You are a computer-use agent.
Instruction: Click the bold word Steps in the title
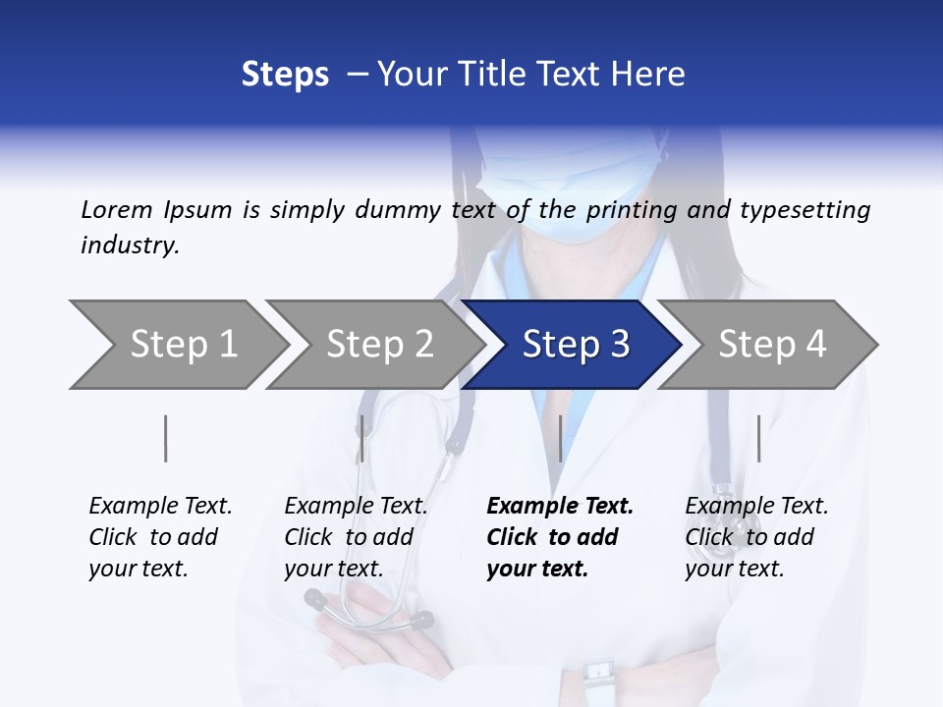coord(285,74)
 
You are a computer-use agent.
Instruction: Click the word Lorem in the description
coord(117,210)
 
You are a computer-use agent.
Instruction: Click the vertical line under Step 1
coord(166,438)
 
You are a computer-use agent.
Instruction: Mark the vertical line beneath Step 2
coord(362,438)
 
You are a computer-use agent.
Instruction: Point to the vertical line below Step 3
coord(560,438)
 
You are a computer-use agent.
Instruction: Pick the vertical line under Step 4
coord(758,438)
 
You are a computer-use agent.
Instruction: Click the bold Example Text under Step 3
coord(560,507)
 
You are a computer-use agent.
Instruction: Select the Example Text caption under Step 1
coord(160,507)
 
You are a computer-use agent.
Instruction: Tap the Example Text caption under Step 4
coord(756,507)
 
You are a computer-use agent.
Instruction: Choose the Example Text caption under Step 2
coord(356,507)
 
